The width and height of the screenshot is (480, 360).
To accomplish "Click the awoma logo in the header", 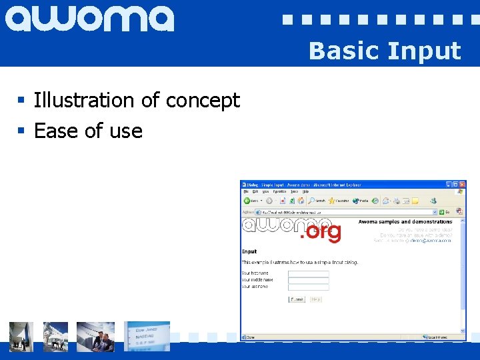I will tap(90, 19).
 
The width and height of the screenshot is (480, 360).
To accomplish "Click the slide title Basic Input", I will tap(385, 51).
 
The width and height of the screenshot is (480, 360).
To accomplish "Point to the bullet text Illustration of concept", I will tap(136, 100).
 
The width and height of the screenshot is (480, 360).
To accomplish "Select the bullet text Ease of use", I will tap(88, 131).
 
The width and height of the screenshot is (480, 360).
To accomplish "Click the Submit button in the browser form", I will tap(297, 299).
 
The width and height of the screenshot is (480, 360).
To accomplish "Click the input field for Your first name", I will tap(308, 273).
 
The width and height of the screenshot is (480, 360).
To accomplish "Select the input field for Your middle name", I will tap(308, 280).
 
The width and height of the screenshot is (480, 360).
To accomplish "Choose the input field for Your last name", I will tap(308, 287).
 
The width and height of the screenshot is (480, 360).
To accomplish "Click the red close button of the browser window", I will tap(461, 184).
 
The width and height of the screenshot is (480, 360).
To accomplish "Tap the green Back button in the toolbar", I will tap(247, 200).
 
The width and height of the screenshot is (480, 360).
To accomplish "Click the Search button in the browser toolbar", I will tap(317, 200).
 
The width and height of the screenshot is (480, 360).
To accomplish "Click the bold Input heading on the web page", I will tap(249, 251).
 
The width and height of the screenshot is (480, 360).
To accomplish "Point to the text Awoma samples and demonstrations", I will tap(405, 221).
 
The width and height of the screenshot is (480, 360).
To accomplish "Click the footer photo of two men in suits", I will tap(95, 336).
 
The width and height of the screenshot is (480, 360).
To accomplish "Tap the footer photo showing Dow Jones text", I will tap(147, 336).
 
